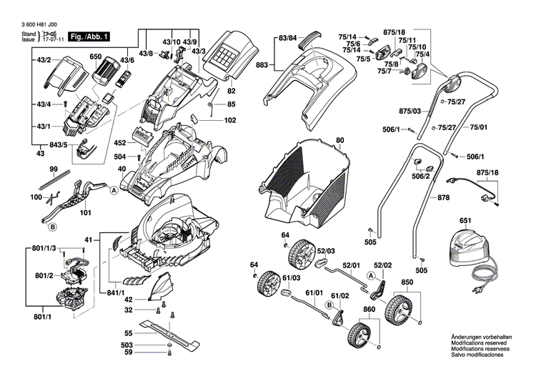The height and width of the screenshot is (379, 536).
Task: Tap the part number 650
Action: pyautogui.click(x=95, y=56)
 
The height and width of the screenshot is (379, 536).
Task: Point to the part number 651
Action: pyautogui.click(x=465, y=222)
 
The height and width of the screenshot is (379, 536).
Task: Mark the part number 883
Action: pyautogui.click(x=262, y=65)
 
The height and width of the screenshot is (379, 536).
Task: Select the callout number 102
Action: pyautogui.click(x=229, y=120)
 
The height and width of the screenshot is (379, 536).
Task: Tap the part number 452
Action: pyautogui.click(x=119, y=143)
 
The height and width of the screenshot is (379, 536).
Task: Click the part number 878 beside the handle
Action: pyautogui.click(x=444, y=197)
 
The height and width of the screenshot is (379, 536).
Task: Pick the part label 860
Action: pyautogui.click(x=369, y=310)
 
